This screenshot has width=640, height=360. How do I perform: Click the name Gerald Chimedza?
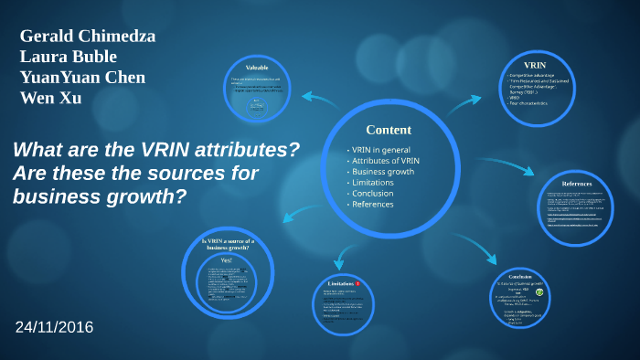[x=87, y=37]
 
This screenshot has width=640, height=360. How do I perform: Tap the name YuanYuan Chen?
[x=82, y=78]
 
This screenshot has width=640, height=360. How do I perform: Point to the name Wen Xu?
[x=50, y=98]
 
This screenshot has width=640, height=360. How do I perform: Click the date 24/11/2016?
[x=55, y=326]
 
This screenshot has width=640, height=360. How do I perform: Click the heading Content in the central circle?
[x=389, y=130]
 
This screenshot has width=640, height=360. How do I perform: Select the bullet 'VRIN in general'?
[x=382, y=150]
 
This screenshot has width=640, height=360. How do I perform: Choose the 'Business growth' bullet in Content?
[x=384, y=172]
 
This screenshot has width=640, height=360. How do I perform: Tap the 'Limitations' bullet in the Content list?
[x=374, y=183]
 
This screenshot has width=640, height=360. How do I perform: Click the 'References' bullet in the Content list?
[x=374, y=204]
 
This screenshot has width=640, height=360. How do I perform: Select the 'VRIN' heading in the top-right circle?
[x=534, y=65]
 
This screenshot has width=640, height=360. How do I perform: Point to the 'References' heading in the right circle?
[x=576, y=184]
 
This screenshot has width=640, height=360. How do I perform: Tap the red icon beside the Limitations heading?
[x=358, y=283]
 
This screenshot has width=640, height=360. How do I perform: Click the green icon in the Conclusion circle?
[x=540, y=292]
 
